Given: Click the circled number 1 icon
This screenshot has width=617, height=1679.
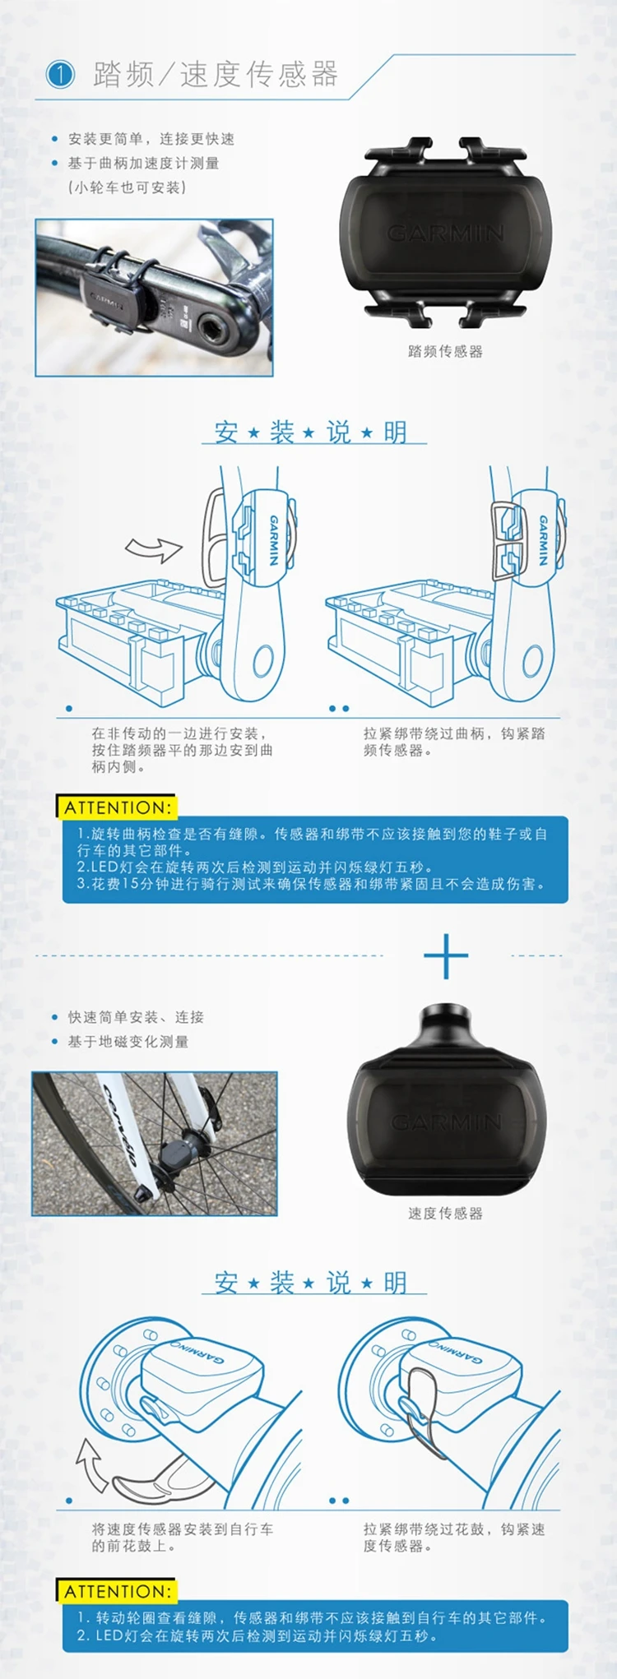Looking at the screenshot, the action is point(59,75).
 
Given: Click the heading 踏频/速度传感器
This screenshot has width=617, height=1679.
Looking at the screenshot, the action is point(216,74).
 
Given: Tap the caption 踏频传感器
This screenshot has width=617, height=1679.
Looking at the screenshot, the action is point(445,351).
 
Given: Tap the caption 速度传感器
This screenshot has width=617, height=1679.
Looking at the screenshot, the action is point(445,1213).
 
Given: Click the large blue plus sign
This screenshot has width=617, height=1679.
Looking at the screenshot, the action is point(446,955).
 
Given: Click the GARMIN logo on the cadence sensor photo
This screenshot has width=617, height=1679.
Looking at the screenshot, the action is point(445,234).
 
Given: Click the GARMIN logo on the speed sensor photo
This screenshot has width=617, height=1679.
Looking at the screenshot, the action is point(446,1122).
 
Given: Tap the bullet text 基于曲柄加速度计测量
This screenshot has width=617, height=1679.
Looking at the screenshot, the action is point(143,163).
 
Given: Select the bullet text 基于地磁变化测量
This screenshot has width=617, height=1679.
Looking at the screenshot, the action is point(128,1042).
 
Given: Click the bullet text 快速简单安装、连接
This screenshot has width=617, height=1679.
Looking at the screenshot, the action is point(136,1017).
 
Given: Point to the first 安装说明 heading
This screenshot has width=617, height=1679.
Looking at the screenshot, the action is point(312,432).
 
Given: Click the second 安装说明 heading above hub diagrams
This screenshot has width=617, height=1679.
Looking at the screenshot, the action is point(312,1282).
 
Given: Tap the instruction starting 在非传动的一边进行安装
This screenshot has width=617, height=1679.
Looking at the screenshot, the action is point(182,750).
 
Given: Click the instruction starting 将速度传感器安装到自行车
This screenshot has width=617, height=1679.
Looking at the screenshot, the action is point(183,1538).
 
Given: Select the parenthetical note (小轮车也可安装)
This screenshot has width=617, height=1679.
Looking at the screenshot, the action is point(127,187).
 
